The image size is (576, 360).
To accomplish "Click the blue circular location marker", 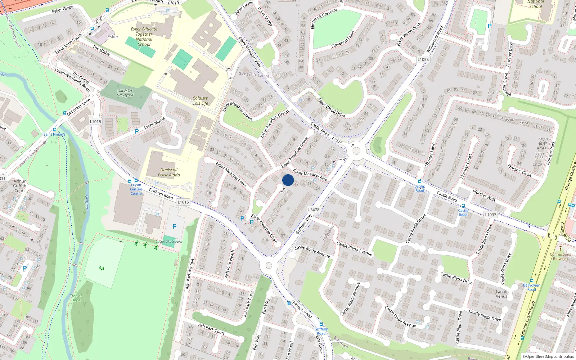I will click(x=288, y=180).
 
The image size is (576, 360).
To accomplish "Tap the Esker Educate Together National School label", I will click(x=144, y=37).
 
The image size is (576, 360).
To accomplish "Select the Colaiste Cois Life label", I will click(x=200, y=100).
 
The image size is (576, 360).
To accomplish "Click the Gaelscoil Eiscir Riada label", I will click(x=169, y=172).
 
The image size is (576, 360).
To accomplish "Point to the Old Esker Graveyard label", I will click(x=125, y=93).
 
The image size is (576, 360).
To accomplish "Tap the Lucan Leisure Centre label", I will click(x=136, y=189).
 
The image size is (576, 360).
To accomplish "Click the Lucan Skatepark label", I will click(x=169, y=241).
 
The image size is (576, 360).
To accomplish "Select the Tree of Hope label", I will click(x=76, y=298).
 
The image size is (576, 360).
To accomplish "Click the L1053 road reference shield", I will click(x=423, y=59).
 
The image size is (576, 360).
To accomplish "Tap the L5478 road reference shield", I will click(x=314, y=210).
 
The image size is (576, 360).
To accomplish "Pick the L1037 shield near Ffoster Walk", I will click(x=490, y=215).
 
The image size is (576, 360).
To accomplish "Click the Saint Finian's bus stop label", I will click(x=54, y=134).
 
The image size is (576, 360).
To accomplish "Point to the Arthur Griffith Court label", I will click(x=20, y=186).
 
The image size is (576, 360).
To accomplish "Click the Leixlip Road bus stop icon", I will click(x=420, y=181).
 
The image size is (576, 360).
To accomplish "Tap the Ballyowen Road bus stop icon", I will click(x=532, y=280).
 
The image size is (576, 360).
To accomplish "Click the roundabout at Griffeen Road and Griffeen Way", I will click(x=269, y=266).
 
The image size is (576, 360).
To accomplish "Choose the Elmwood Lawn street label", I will click(x=343, y=40).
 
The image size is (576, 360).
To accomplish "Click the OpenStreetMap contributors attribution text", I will click(x=548, y=357).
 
